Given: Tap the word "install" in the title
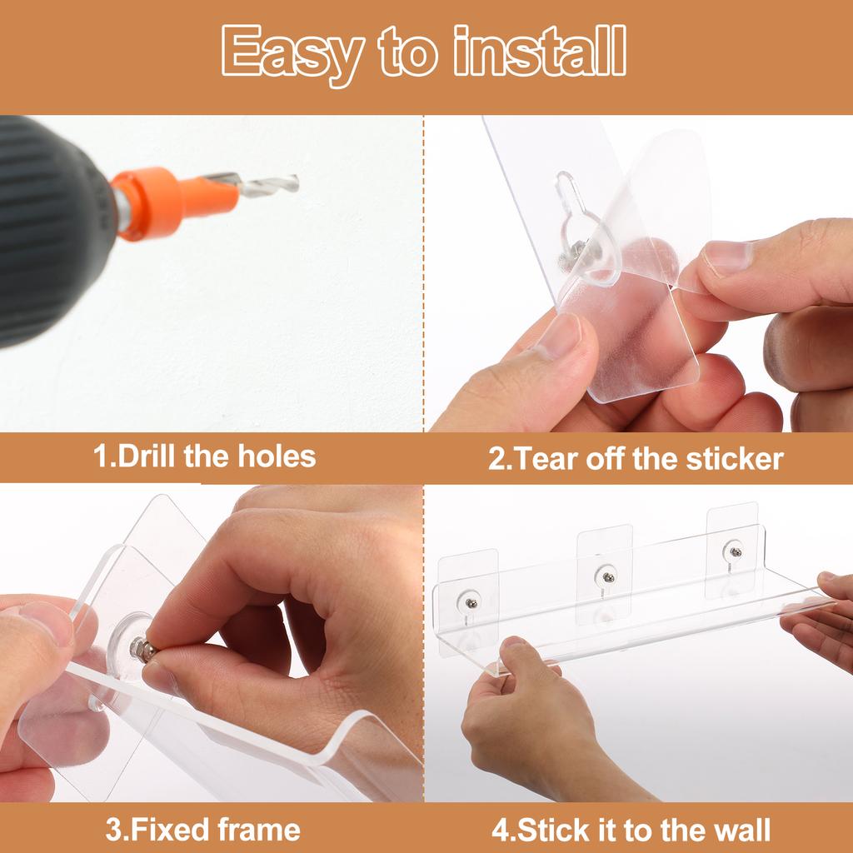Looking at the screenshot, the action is (540, 51).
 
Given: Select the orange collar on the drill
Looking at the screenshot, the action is (175, 202).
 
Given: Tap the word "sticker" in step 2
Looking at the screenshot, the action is (735, 459).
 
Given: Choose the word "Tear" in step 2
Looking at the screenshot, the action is (546, 459).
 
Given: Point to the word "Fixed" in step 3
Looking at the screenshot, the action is (169, 830).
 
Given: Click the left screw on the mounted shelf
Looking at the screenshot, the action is (471, 603).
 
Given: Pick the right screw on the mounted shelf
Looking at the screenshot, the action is (736, 553).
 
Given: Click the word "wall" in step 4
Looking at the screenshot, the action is (741, 831).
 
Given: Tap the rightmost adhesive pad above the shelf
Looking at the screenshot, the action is (732, 550).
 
